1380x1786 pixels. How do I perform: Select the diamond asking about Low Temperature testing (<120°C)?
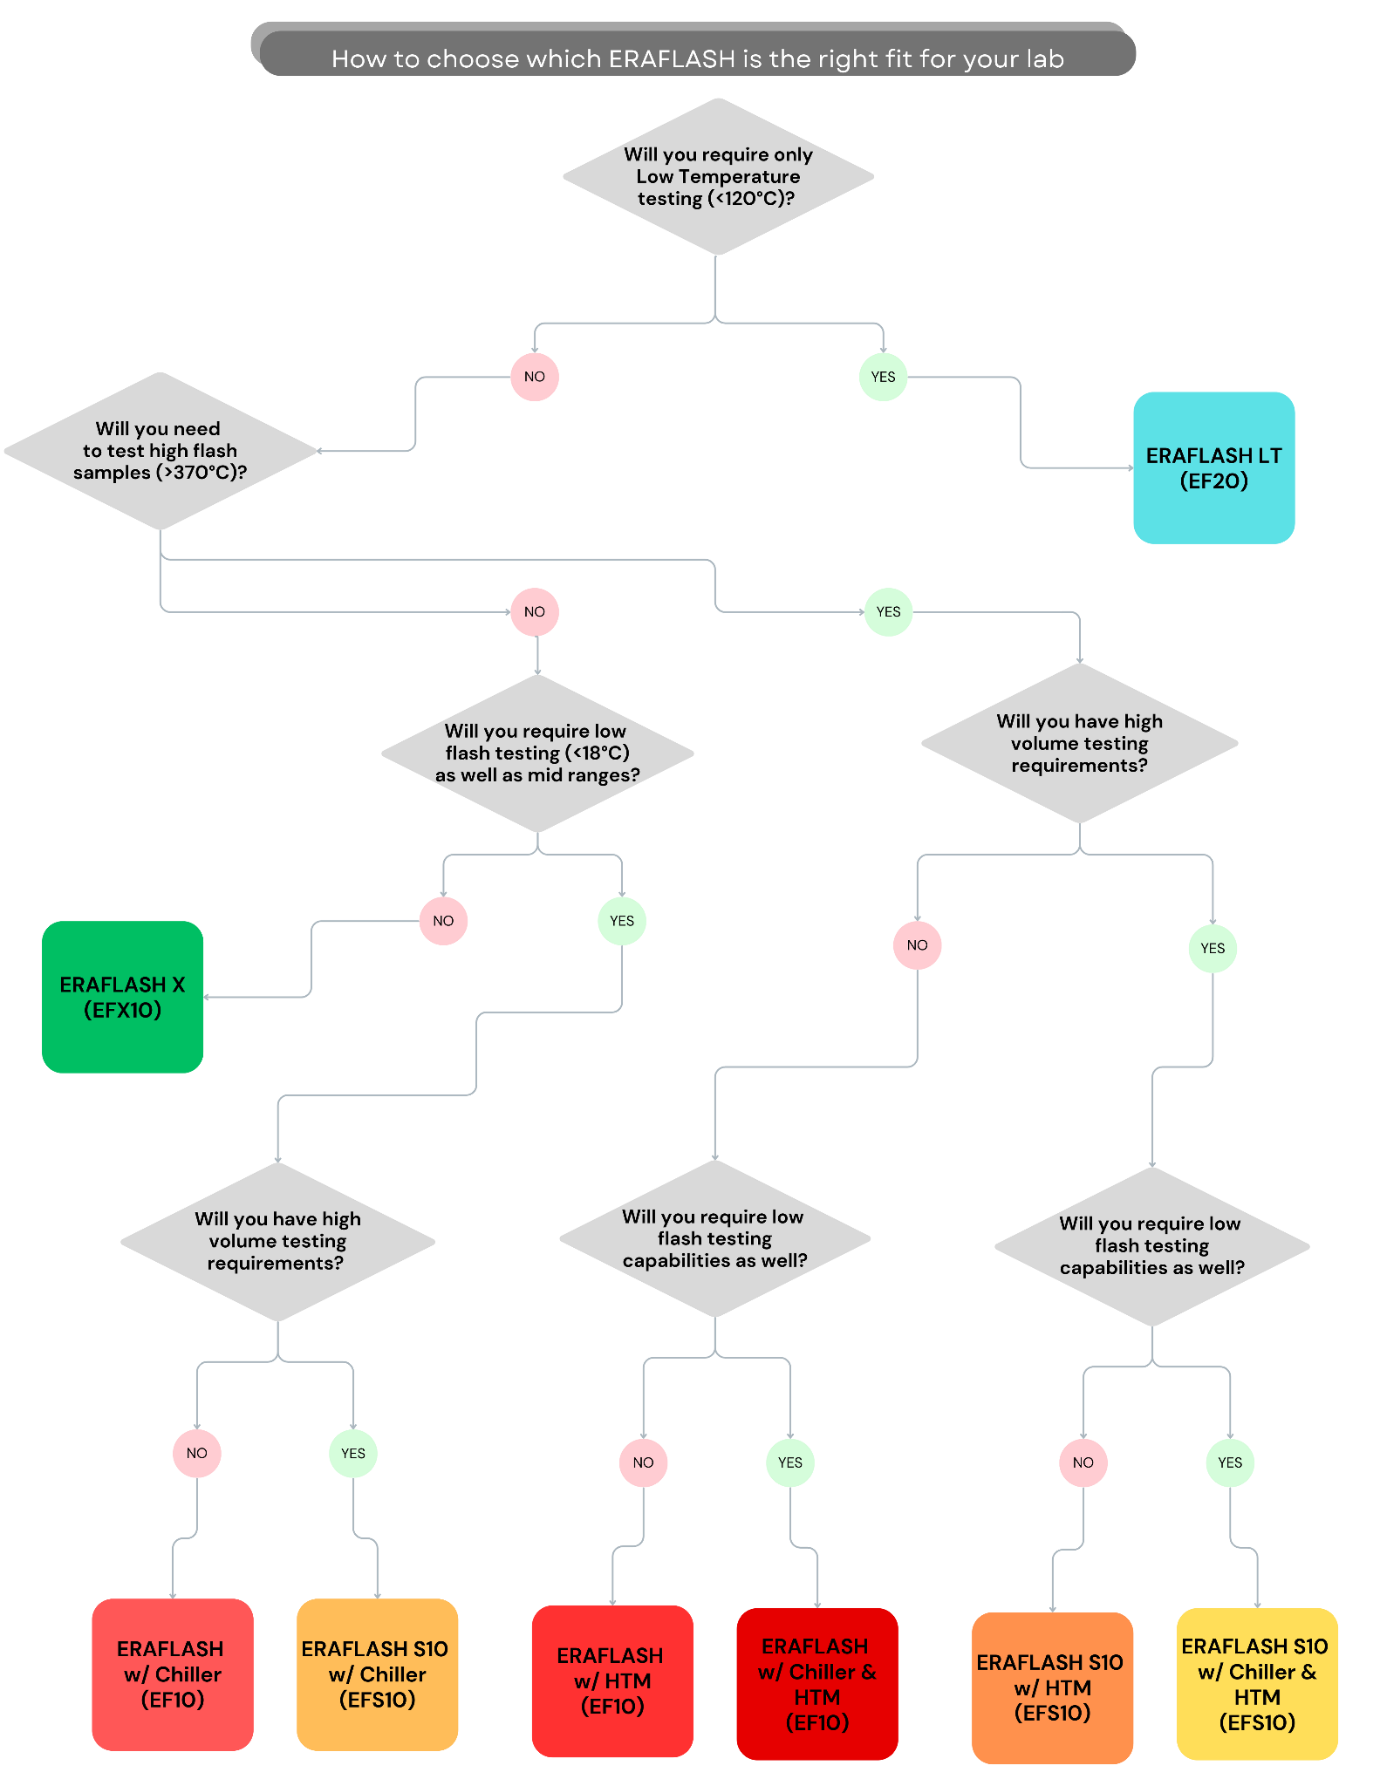point(718,176)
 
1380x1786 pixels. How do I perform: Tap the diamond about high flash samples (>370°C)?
point(160,451)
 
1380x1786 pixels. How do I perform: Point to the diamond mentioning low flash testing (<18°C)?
point(537,753)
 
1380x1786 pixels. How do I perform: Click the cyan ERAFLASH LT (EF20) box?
point(1213,467)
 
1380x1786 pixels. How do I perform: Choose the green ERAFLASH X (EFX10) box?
point(122,997)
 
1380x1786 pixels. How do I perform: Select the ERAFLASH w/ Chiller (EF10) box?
point(173,1674)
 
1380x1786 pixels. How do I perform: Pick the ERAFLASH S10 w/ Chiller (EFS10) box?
point(377,1674)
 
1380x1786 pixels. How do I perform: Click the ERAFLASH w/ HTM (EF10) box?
point(612,1681)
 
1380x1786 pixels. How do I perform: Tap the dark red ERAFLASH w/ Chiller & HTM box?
point(817,1684)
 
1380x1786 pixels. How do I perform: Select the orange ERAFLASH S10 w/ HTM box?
point(1052,1688)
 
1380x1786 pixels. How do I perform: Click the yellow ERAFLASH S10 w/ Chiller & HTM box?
point(1257,1684)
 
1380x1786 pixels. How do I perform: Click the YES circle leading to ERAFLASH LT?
point(883,377)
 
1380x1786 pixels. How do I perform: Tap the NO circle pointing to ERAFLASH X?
point(443,921)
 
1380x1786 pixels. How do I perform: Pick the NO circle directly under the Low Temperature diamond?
point(535,377)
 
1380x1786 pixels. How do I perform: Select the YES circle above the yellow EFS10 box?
point(1230,1462)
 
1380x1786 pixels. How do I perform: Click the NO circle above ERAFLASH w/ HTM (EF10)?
point(643,1462)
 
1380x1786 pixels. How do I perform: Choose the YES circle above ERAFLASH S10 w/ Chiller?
point(353,1453)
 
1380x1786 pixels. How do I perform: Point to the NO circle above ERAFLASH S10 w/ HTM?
point(1083,1462)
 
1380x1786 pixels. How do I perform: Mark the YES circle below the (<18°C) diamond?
point(622,921)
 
